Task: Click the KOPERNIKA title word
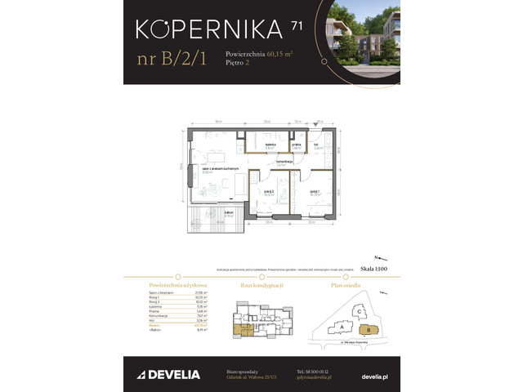[211, 30]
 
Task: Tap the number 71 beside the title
[297, 25]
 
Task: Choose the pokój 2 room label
[267, 194]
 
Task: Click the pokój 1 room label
[314, 194]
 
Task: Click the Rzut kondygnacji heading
[261, 286]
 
